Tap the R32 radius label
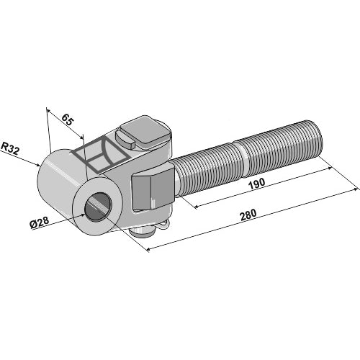click(10, 148)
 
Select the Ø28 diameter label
click(40, 225)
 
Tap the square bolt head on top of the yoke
click(140, 133)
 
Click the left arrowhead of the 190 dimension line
click(193, 207)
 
